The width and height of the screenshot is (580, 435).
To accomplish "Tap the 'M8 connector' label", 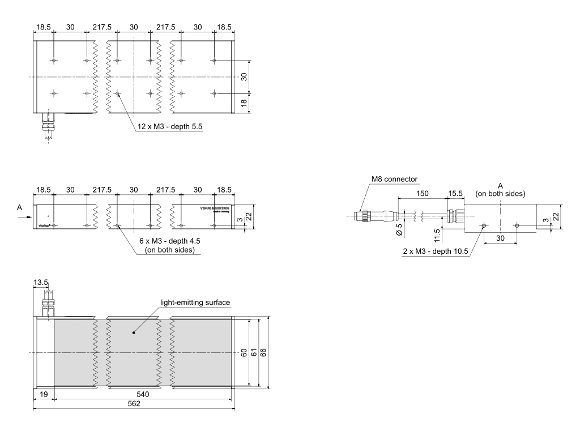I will [x=394, y=180].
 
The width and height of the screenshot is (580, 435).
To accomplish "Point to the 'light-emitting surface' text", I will [x=195, y=303].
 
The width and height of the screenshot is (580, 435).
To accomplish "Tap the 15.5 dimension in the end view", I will [x=455, y=194].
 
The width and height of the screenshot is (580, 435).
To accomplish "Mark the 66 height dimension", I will [x=263, y=353].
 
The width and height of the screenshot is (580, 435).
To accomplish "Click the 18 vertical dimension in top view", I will [x=244, y=103].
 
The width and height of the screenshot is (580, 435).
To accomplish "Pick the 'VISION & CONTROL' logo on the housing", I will [x=215, y=208].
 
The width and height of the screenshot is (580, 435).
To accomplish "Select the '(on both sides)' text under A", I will [x=500, y=194].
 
